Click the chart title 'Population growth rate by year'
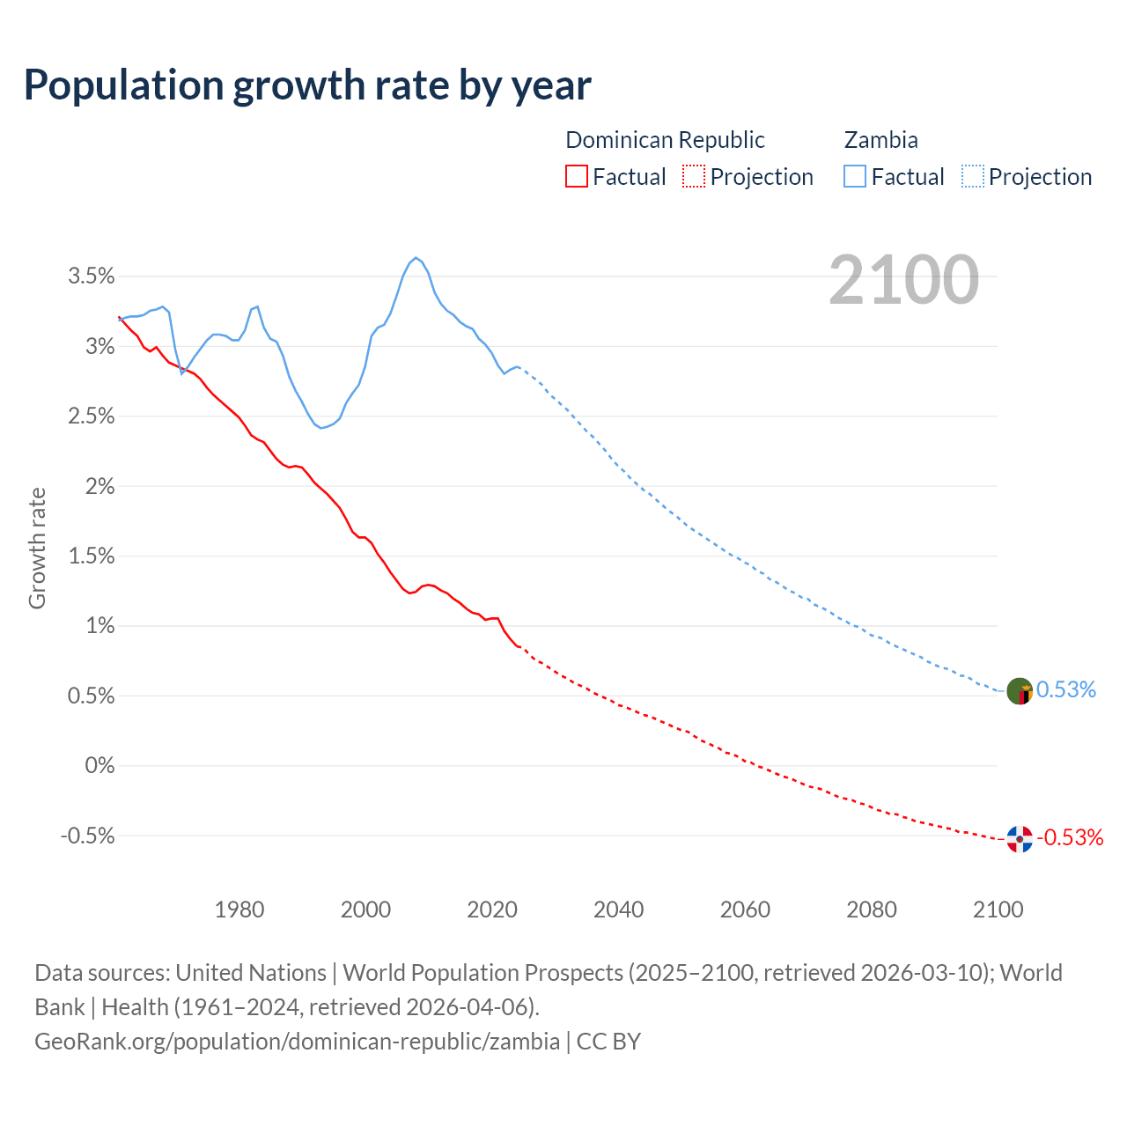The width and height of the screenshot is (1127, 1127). point(307,85)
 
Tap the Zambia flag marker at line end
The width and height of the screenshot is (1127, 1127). point(1019,691)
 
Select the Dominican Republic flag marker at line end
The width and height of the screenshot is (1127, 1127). point(1019,839)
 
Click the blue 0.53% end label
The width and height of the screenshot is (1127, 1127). point(1066,689)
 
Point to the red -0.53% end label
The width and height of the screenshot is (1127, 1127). point(1070,837)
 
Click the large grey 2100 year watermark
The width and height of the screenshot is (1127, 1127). point(903,280)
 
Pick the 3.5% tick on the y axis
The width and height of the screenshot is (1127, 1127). point(92,276)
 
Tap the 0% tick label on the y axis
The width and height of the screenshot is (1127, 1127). point(99,766)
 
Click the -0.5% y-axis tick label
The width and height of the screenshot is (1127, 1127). point(87,836)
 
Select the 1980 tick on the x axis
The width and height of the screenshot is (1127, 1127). point(239,910)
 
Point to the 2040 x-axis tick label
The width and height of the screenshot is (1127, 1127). point(618,910)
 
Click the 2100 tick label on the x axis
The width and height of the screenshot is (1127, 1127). point(997,910)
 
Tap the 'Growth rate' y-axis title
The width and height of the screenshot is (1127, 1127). point(37,548)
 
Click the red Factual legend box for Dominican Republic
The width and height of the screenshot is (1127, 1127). point(576,176)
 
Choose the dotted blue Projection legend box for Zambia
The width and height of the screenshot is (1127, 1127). point(972,176)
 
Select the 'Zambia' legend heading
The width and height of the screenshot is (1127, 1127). point(880,140)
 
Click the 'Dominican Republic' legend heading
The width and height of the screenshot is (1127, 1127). point(665,140)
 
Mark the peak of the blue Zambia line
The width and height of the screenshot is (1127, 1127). point(416,258)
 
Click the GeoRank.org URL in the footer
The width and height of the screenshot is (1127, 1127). point(297,1042)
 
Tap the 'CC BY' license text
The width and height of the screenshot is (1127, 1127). point(608,1042)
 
